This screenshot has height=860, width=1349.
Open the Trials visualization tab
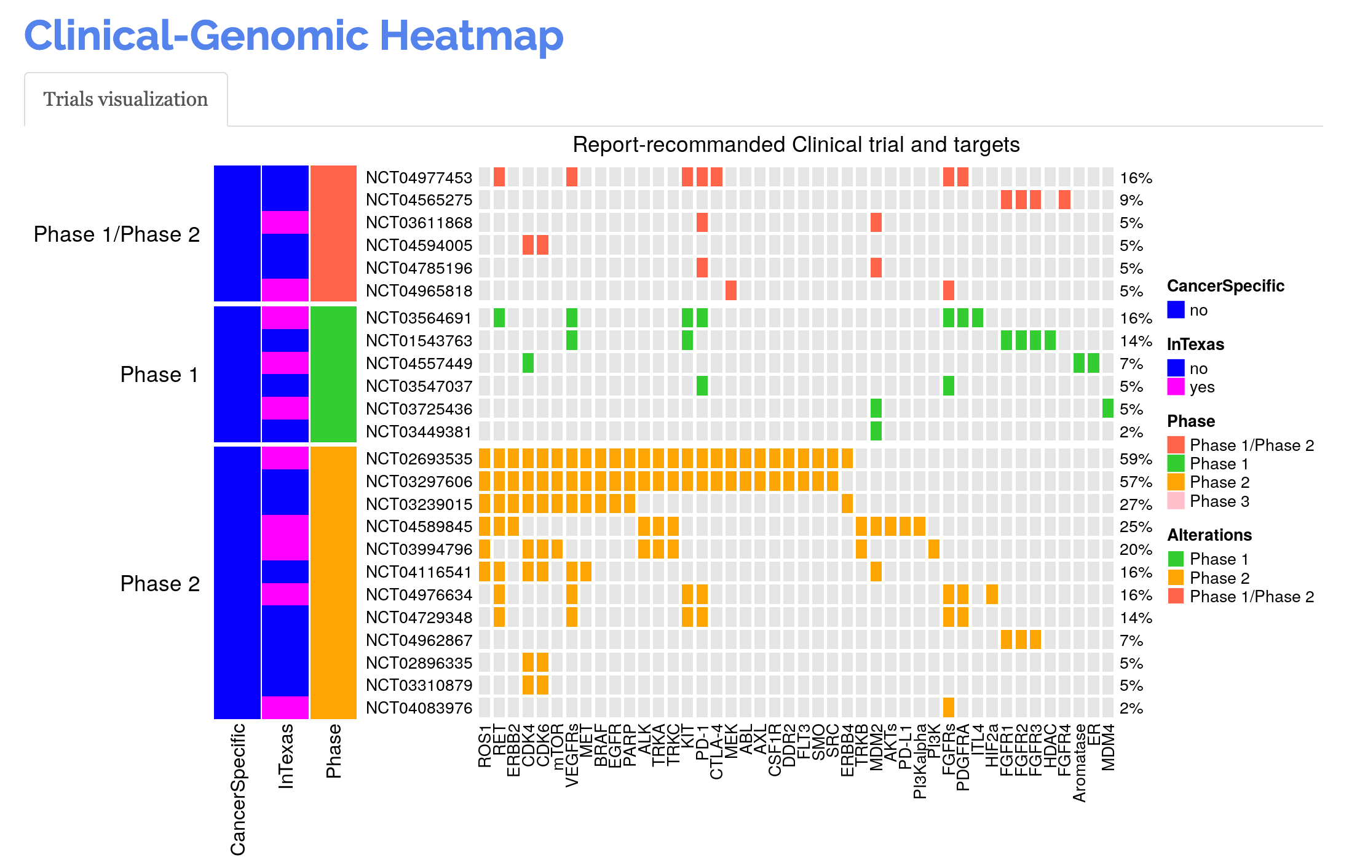[125, 100]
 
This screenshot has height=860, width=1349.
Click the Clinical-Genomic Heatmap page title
[293, 36]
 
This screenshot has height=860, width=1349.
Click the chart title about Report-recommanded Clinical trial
[796, 145]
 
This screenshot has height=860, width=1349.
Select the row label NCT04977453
[419, 178]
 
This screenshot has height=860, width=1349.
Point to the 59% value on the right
[1135, 459]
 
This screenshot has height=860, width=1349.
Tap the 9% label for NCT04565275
[1131, 201]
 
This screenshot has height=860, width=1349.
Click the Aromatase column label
[1079, 763]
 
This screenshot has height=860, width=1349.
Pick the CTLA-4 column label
[716, 752]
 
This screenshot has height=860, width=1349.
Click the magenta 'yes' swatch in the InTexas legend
[1176, 387]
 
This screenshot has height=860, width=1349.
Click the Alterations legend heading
[1209, 535]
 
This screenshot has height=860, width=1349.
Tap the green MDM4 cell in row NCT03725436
[1107, 409]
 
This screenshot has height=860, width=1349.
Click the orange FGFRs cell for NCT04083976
[948, 708]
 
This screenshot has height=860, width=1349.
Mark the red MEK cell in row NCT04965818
[730, 290]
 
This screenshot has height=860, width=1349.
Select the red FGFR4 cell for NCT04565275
[1064, 200]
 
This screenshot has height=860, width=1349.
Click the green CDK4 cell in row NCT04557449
[528, 364]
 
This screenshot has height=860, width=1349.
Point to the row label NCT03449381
[419, 432]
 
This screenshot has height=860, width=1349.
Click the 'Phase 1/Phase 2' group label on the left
[117, 234]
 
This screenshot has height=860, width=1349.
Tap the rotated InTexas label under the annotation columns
[286, 756]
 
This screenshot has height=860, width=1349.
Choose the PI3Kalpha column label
[920, 761]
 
